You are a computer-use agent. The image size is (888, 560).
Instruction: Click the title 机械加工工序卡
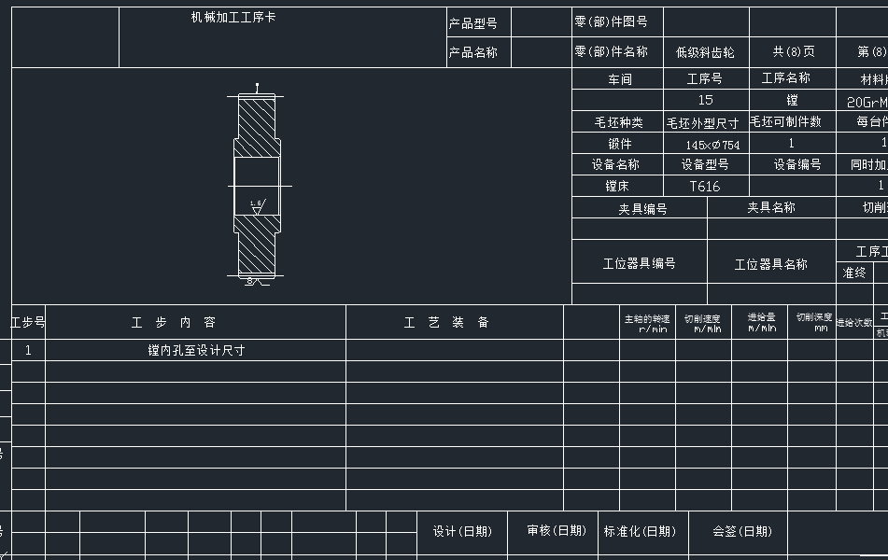click(x=233, y=18)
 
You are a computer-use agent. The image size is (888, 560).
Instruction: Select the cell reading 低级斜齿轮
click(x=706, y=52)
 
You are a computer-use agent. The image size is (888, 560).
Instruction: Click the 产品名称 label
click(x=473, y=52)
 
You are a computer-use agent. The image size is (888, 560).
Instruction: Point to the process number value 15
click(x=705, y=100)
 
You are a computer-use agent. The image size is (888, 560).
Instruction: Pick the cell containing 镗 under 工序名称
click(x=792, y=100)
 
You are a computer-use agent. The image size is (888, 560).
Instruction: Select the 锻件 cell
click(x=619, y=144)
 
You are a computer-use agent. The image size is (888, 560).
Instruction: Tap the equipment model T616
click(x=705, y=187)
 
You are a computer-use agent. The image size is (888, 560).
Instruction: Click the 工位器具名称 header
click(x=770, y=264)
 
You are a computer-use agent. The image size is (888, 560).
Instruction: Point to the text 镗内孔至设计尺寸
click(x=196, y=351)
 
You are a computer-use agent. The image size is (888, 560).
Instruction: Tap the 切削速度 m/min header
click(x=702, y=323)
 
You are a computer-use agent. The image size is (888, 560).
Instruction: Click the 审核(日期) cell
click(x=557, y=531)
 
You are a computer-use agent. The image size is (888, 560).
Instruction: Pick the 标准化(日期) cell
click(x=640, y=531)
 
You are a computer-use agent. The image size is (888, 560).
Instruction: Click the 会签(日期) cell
click(x=742, y=531)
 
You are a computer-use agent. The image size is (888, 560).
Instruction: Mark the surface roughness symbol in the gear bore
click(x=257, y=204)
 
